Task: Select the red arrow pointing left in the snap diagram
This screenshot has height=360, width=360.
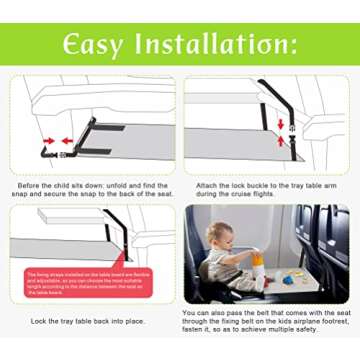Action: point(67,140)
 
